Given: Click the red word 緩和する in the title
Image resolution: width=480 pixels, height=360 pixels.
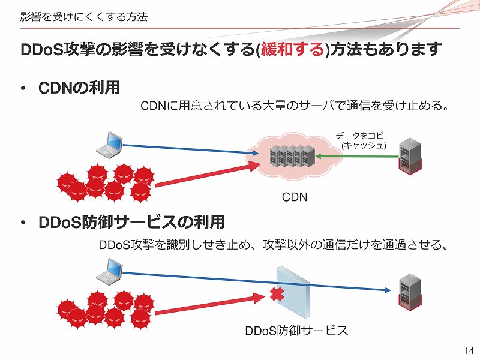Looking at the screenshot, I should (292, 49).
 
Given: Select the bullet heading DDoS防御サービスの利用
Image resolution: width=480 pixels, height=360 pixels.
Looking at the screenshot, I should (131, 223).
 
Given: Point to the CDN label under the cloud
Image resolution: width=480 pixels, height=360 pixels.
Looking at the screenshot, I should (295, 197).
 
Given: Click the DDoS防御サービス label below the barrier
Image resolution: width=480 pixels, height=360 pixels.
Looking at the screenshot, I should (296, 331).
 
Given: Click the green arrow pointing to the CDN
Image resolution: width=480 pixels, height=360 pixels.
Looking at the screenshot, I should (358, 157).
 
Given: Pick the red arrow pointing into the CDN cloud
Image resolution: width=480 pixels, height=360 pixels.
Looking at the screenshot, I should (204, 175).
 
